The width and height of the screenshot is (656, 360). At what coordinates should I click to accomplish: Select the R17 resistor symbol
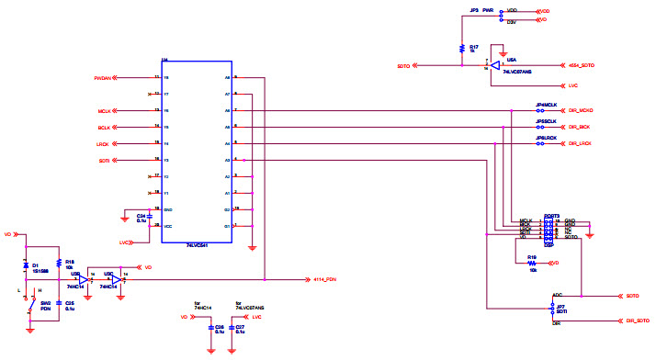pyautogui.click(x=461, y=48)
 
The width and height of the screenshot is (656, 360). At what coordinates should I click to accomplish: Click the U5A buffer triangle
pyautogui.click(x=494, y=66)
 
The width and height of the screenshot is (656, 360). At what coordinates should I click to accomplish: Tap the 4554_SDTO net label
pyautogui.click(x=582, y=66)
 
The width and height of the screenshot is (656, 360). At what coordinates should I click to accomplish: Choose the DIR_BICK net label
pyautogui.click(x=579, y=127)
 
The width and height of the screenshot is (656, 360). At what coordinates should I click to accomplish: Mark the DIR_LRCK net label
pyautogui.click(x=579, y=143)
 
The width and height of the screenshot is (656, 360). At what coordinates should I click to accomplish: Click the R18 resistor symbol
pyautogui.click(x=58, y=261)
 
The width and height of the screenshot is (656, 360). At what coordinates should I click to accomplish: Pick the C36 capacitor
pyautogui.click(x=210, y=327)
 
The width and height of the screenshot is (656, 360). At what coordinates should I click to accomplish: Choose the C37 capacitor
pyautogui.click(x=231, y=327)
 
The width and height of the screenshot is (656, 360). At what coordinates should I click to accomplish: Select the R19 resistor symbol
pyautogui.click(x=533, y=263)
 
